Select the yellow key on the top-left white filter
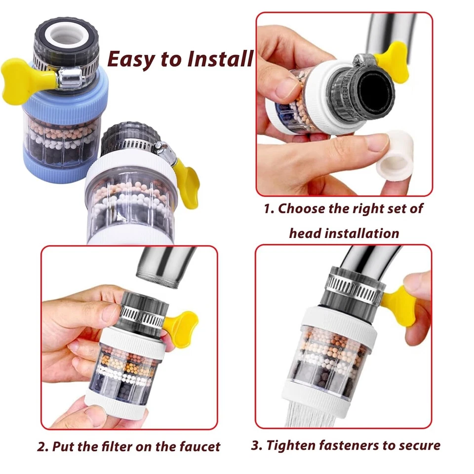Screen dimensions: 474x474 [187, 180]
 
